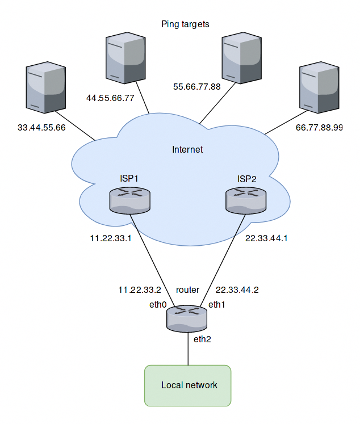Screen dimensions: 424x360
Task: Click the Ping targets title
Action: (185, 24)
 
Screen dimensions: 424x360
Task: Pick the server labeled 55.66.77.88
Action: (241, 57)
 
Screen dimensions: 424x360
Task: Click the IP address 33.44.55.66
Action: (42, 128)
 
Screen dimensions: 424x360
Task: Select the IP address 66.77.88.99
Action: (319, 128)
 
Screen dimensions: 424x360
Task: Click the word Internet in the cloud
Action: (187, 150)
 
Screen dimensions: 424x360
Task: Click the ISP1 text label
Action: (130, 179)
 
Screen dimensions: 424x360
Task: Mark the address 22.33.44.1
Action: (266, 238)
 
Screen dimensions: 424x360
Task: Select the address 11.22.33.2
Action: (140, 289)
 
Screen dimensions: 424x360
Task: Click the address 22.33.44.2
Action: (237, 289)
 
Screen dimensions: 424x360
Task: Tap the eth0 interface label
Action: (158, 305)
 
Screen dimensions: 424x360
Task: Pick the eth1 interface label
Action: (217, 305)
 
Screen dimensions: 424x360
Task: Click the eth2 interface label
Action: (202, 340)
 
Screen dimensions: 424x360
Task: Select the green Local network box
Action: (188, 385)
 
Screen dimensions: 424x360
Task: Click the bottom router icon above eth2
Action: (187, 318)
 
